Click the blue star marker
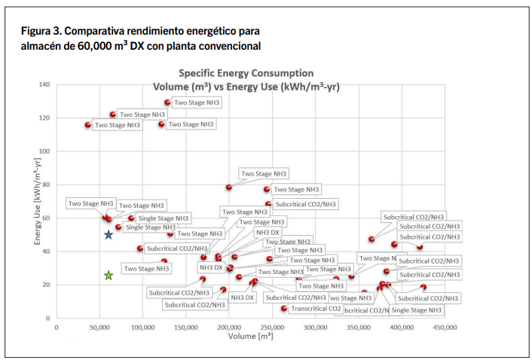109,235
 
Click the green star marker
109,276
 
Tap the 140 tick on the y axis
44,84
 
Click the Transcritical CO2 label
316,309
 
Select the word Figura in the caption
39,32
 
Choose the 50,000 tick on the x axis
99,328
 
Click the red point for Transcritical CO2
283,308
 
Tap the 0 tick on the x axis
57,328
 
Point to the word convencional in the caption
227,46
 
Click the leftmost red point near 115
88,125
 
